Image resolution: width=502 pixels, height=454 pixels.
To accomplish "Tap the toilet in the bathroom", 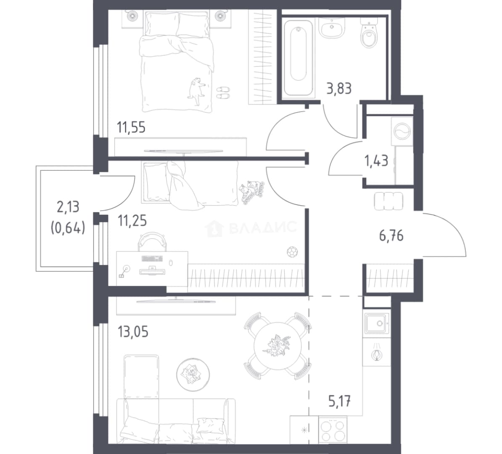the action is coord(369,32).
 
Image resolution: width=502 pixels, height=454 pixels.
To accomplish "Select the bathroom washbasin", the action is coord(331,28).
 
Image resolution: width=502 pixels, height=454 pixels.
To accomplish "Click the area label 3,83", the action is coord(339,88).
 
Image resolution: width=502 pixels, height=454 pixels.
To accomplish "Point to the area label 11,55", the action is coord(131,127).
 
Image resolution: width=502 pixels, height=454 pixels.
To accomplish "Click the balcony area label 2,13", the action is coord(68,207).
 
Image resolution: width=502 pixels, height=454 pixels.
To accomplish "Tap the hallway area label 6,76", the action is coord(391,236).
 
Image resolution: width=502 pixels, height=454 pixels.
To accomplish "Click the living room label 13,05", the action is coord(133,332).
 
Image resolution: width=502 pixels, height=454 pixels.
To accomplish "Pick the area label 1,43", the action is coord(377,161).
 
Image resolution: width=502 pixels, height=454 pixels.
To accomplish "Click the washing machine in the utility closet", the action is coord(402,131).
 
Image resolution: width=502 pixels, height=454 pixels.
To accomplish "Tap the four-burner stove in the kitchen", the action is coord(333,430).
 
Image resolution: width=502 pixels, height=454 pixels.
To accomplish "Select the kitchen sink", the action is coord(377,324).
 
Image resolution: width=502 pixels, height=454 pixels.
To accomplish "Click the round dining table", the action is coord(278,346).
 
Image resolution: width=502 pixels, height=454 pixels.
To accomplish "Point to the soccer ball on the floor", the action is coord(292,252).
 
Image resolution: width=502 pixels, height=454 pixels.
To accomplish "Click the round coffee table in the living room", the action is coord(193,374).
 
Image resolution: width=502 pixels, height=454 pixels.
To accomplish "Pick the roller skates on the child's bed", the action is coord(252,192).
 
